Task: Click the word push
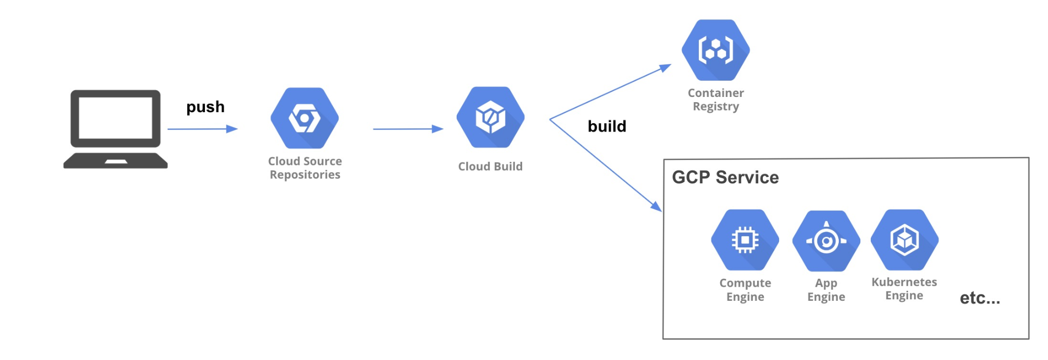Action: click(x=206, y=107)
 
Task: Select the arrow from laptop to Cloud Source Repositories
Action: click(x=202, y=129)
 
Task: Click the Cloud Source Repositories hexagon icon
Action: click(x=305, y=118)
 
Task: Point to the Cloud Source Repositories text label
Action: click(x=305, y=168)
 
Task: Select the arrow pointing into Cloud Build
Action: click(x=408, y=129)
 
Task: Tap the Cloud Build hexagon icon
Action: click(x=490, y=117)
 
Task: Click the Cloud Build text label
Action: click(x=490, y=167)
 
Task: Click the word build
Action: click(x=607, y=126)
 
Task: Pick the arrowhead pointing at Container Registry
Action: click(x=665, y=68)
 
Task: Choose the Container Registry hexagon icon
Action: click(x=716, y=50)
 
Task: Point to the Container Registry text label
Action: click(x=716, y=100)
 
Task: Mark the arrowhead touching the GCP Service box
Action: click(x=656, y=206)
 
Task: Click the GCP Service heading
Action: click(x=725, y=177)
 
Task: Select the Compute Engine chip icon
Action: click(x=745, y=240)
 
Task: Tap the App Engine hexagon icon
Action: click(x=826, y=241)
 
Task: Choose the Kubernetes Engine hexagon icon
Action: click(x=904, y=240)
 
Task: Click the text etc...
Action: click(x=979, y=298)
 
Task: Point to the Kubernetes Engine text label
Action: click(x=904, y=289)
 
